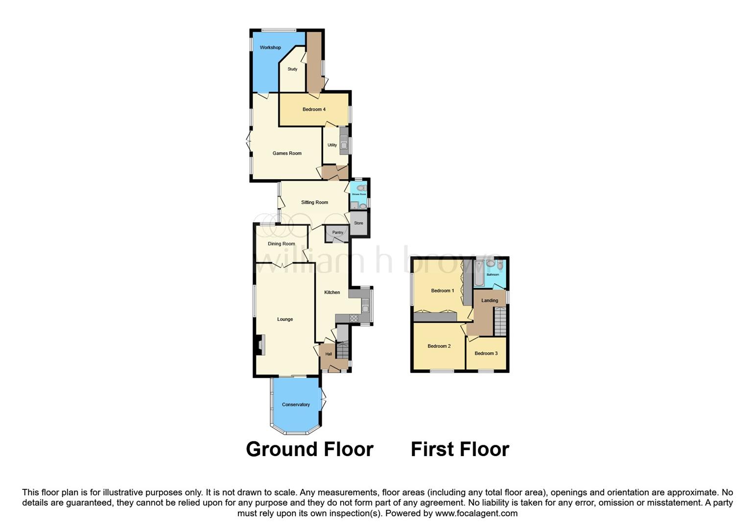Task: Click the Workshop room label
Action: pos(270,48)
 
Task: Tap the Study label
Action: pos(292,69)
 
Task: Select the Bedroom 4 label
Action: pos(314,109)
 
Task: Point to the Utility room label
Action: pos(332,145)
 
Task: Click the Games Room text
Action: pos(287,153)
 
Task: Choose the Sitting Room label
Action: pos(314,202)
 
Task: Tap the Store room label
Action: pos(358,223)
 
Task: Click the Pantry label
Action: pos(337,233)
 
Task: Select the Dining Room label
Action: pos(282,244)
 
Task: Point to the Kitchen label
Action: pos(332,292)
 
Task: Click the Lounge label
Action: pos(285,319)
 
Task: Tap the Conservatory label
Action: pos(296,405)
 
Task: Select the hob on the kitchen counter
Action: pos(354,318)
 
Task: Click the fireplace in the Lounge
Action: pos(261,344)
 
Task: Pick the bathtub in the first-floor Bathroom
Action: pos(478,272)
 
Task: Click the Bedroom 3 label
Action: pos(486,353)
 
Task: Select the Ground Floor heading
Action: pos(309,449)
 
